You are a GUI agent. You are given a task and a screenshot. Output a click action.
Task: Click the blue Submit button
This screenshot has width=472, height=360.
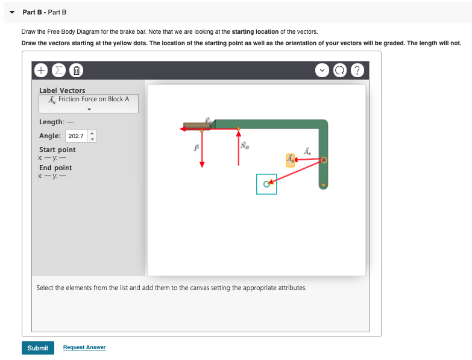tap(37, 348)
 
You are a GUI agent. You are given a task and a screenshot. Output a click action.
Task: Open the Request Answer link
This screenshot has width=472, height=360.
tap(84, 347)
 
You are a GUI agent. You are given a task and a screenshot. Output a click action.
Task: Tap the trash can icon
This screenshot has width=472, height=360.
tap(76, 70)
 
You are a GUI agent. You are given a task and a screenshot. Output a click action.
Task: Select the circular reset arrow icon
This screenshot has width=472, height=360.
tap(341, 70)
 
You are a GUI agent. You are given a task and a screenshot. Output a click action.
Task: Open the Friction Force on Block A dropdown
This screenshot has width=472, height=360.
tap(89, 104)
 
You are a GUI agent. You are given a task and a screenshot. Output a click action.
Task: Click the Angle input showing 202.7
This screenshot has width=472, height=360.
tap(76, 136)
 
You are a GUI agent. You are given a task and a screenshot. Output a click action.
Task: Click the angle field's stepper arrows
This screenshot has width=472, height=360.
tap(92, 136)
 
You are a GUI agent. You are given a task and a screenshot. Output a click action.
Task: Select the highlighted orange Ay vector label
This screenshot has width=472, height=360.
tap(291, 159)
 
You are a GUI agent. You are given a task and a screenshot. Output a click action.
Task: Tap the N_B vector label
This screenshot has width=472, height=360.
tap(244, 145)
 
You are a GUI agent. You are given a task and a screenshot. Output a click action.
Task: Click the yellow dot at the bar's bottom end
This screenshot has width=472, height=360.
tap(323, 185)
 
